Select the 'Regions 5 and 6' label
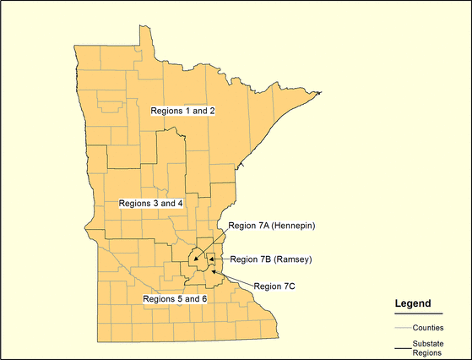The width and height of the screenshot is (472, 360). coord(175,299)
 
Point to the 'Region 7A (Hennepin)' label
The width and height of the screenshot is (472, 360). coord(272,226)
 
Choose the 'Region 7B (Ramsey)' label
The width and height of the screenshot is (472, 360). coord(270,259)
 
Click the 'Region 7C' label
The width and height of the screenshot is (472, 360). coord(274,286)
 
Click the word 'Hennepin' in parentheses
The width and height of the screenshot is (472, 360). coord(292,226)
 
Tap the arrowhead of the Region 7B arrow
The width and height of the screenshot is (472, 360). coord(211,259)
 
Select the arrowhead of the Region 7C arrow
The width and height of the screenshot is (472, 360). coord(212,272)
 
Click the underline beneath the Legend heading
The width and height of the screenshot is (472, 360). coord(419,314)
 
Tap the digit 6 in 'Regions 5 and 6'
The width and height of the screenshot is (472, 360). coord(203,299)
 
